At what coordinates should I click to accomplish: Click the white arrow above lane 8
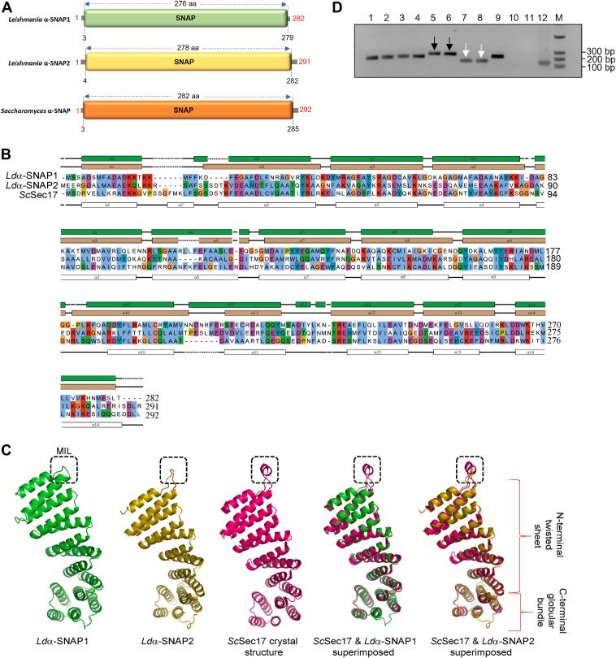[481, 52]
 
